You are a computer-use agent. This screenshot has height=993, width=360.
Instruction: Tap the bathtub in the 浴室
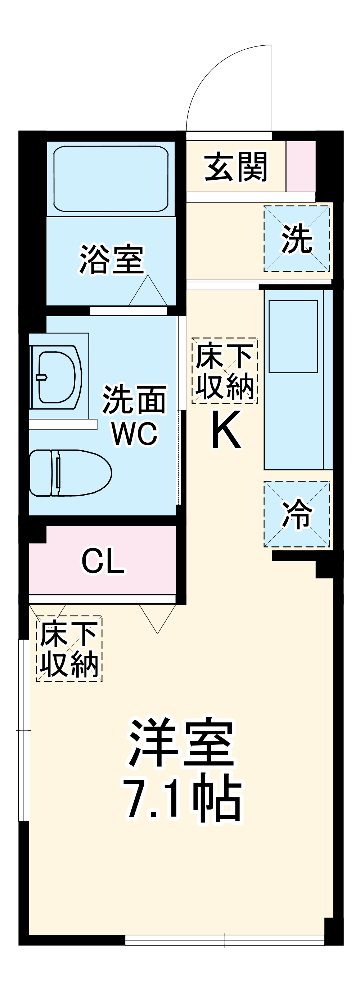point(111,179)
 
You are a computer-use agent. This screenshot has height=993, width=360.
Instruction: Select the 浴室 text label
point(112,259)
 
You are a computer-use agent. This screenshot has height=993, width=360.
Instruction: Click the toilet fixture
point(69,473)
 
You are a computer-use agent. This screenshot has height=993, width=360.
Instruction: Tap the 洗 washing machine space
point(297,238)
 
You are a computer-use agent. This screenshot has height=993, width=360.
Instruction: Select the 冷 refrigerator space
point(297,514)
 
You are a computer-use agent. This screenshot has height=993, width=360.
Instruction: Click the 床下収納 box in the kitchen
point(225,371)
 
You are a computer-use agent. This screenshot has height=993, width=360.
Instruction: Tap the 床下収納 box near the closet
point(69,648)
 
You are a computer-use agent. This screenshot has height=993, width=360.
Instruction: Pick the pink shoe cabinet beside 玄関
point(301,166)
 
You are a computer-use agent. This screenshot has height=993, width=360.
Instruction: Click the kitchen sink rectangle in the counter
point(293,336)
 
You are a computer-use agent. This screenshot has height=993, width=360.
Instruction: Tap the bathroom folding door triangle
point(148,292)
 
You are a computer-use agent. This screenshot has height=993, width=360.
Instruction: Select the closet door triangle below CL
point(157,617)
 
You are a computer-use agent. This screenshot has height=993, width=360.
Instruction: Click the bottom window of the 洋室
point(225,940)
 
